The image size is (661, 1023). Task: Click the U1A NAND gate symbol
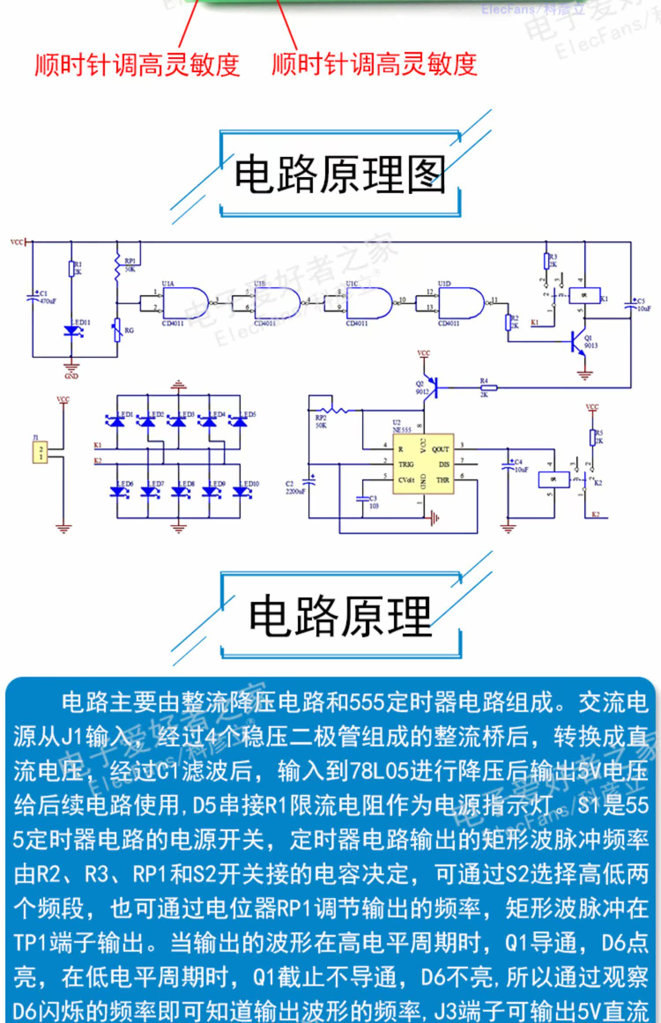[185, 303]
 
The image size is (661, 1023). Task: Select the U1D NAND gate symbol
[461, 303]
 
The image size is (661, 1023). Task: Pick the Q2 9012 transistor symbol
[432, 388]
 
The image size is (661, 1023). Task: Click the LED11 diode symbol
[71, 331]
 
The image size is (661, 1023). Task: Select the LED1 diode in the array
[117, 422]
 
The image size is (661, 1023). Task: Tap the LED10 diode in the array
[241, 491]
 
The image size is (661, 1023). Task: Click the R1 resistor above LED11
[71, 268]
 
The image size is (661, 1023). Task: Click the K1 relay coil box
[584, 296]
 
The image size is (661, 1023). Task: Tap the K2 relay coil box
[554, 479]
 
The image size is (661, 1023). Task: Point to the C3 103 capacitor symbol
[362, 499]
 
